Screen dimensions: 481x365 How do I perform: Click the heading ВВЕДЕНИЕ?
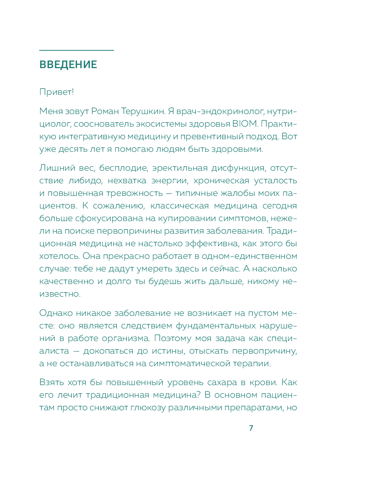[x=68, y=64]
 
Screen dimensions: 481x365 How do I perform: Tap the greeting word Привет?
[x=57, y=92]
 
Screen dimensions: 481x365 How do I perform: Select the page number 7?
[x=251, y=428]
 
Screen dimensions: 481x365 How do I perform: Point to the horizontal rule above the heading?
[x=77, y=50]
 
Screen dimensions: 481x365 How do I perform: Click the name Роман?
[x=104, y=111]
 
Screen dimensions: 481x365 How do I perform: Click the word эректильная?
[x=180, y=168]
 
